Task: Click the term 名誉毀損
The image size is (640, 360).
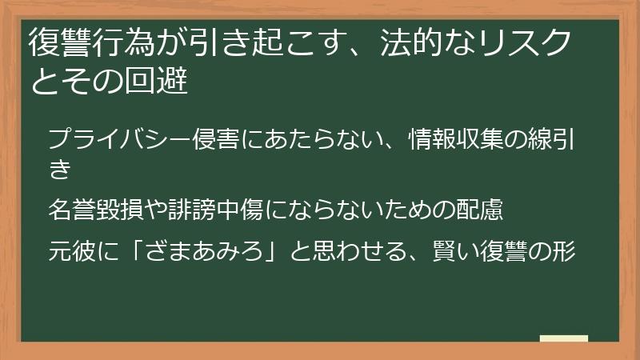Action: click(98, 210)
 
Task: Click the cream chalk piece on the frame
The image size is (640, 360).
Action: click(563, 338)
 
